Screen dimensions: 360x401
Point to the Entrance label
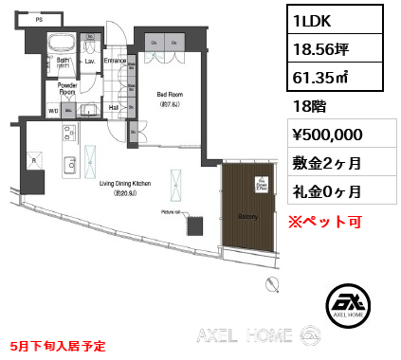click(x=115, y=62)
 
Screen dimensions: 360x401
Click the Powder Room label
click(x=67, y=90)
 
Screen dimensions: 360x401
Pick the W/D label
click(x=53, y=111)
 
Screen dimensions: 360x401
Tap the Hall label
click(x=114, y=109)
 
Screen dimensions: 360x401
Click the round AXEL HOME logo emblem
click(x=346, y=305)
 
